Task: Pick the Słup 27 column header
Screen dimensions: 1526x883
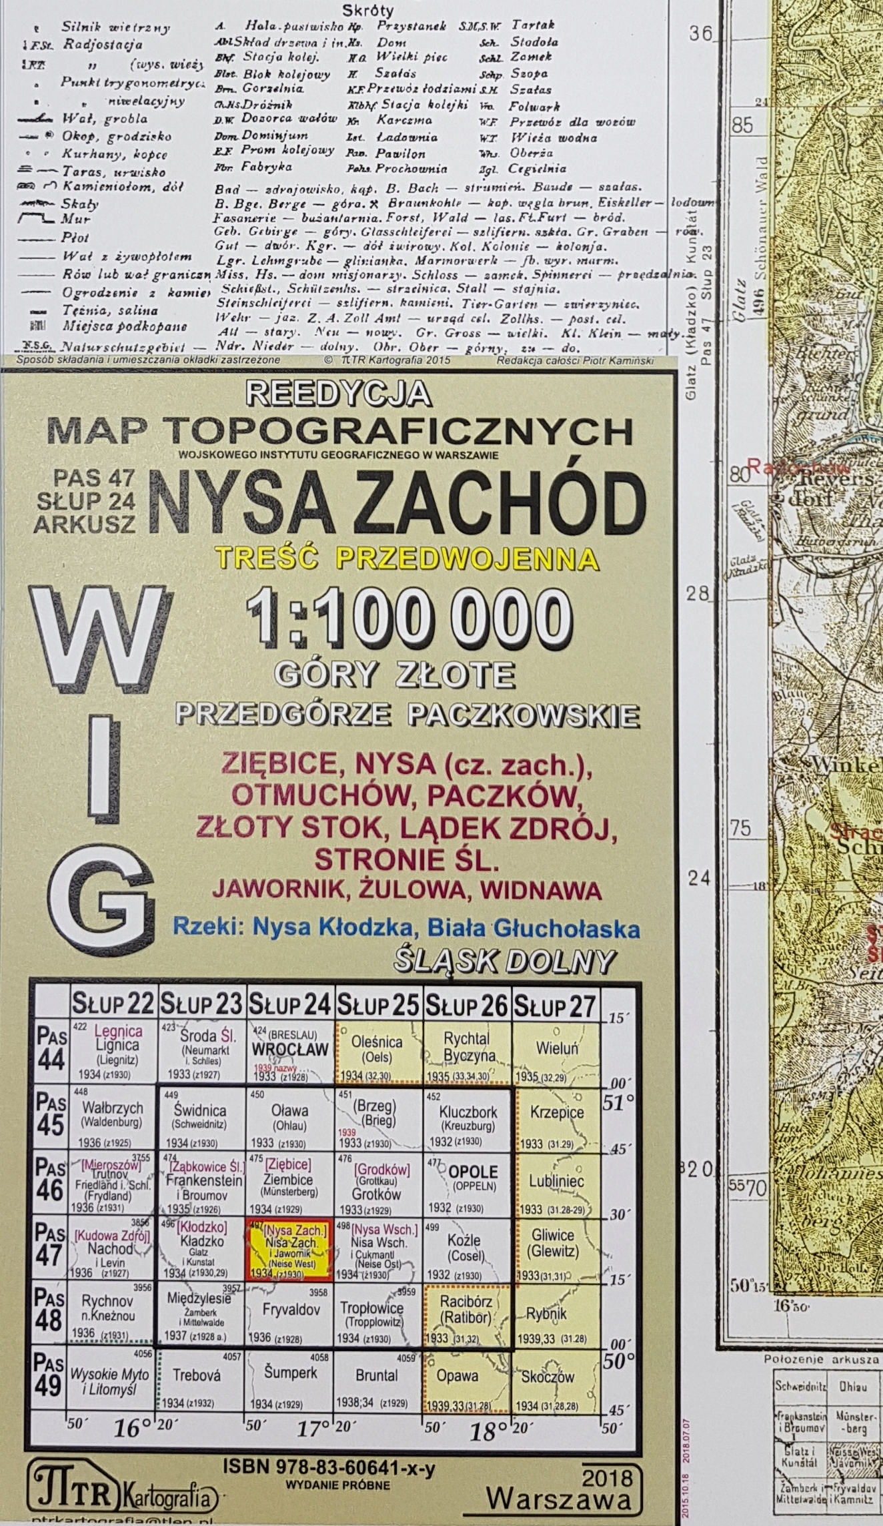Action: [555, 1005]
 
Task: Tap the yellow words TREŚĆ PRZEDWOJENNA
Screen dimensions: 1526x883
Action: [405, 557]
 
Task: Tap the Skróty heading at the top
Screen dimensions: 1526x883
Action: [368, 10]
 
